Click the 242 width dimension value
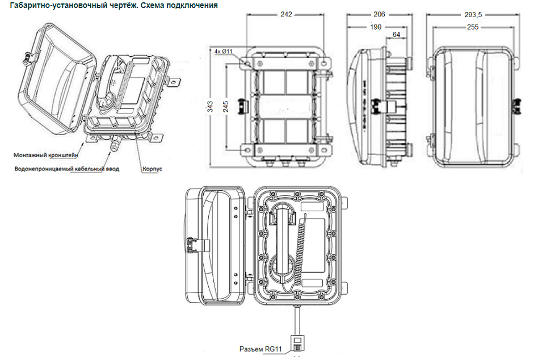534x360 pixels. pos(286,14)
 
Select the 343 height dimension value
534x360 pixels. pos(210,106)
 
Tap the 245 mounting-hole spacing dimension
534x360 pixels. pos(225,107)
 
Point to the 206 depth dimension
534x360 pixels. pos(379,14)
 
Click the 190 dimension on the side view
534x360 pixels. pos(376,27)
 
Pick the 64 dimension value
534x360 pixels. pos(396,35)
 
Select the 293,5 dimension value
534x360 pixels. pos(473,15)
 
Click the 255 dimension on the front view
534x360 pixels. pos(473,27)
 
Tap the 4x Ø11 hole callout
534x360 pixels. pos(223,52)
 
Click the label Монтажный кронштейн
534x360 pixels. pos(45,155)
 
